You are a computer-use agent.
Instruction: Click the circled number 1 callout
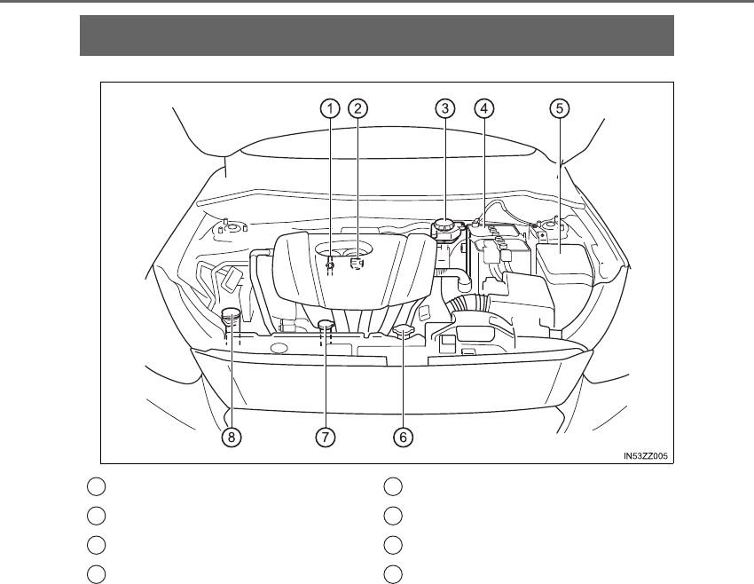tap(329, 108)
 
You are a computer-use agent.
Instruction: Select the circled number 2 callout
tap(357, 108)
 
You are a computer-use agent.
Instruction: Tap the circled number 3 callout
tap(445, 108)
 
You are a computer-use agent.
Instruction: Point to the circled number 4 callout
tap(483, 108)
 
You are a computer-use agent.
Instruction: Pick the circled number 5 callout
tap(558, 108)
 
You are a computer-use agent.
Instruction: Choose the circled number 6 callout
tap(404, 437)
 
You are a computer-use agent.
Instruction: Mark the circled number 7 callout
tap(326, 437)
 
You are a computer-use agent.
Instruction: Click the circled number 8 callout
tap(231, 437)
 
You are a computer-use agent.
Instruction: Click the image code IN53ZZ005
tap(645, 457)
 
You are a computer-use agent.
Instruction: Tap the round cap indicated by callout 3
tap(446, 227)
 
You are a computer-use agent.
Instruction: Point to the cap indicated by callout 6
tap(404, 332)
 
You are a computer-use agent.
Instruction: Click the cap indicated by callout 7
tap(326, 324)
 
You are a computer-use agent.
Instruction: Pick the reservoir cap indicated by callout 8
tap(231, 314)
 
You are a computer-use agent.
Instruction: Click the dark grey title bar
tap(377, 36)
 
